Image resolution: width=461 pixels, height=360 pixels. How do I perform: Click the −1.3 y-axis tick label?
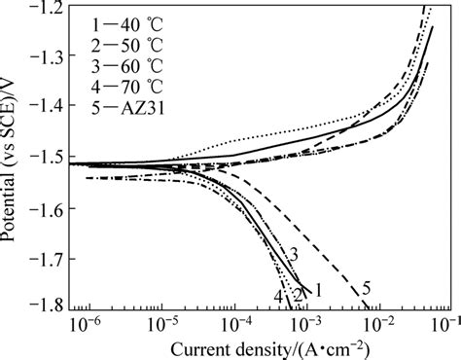44,57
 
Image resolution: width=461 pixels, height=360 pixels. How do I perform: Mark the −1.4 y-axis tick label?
44,107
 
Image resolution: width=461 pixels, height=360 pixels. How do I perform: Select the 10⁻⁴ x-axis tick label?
232,322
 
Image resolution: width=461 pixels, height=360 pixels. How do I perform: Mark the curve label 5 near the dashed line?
366,288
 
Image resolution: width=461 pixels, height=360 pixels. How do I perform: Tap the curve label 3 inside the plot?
292,255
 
